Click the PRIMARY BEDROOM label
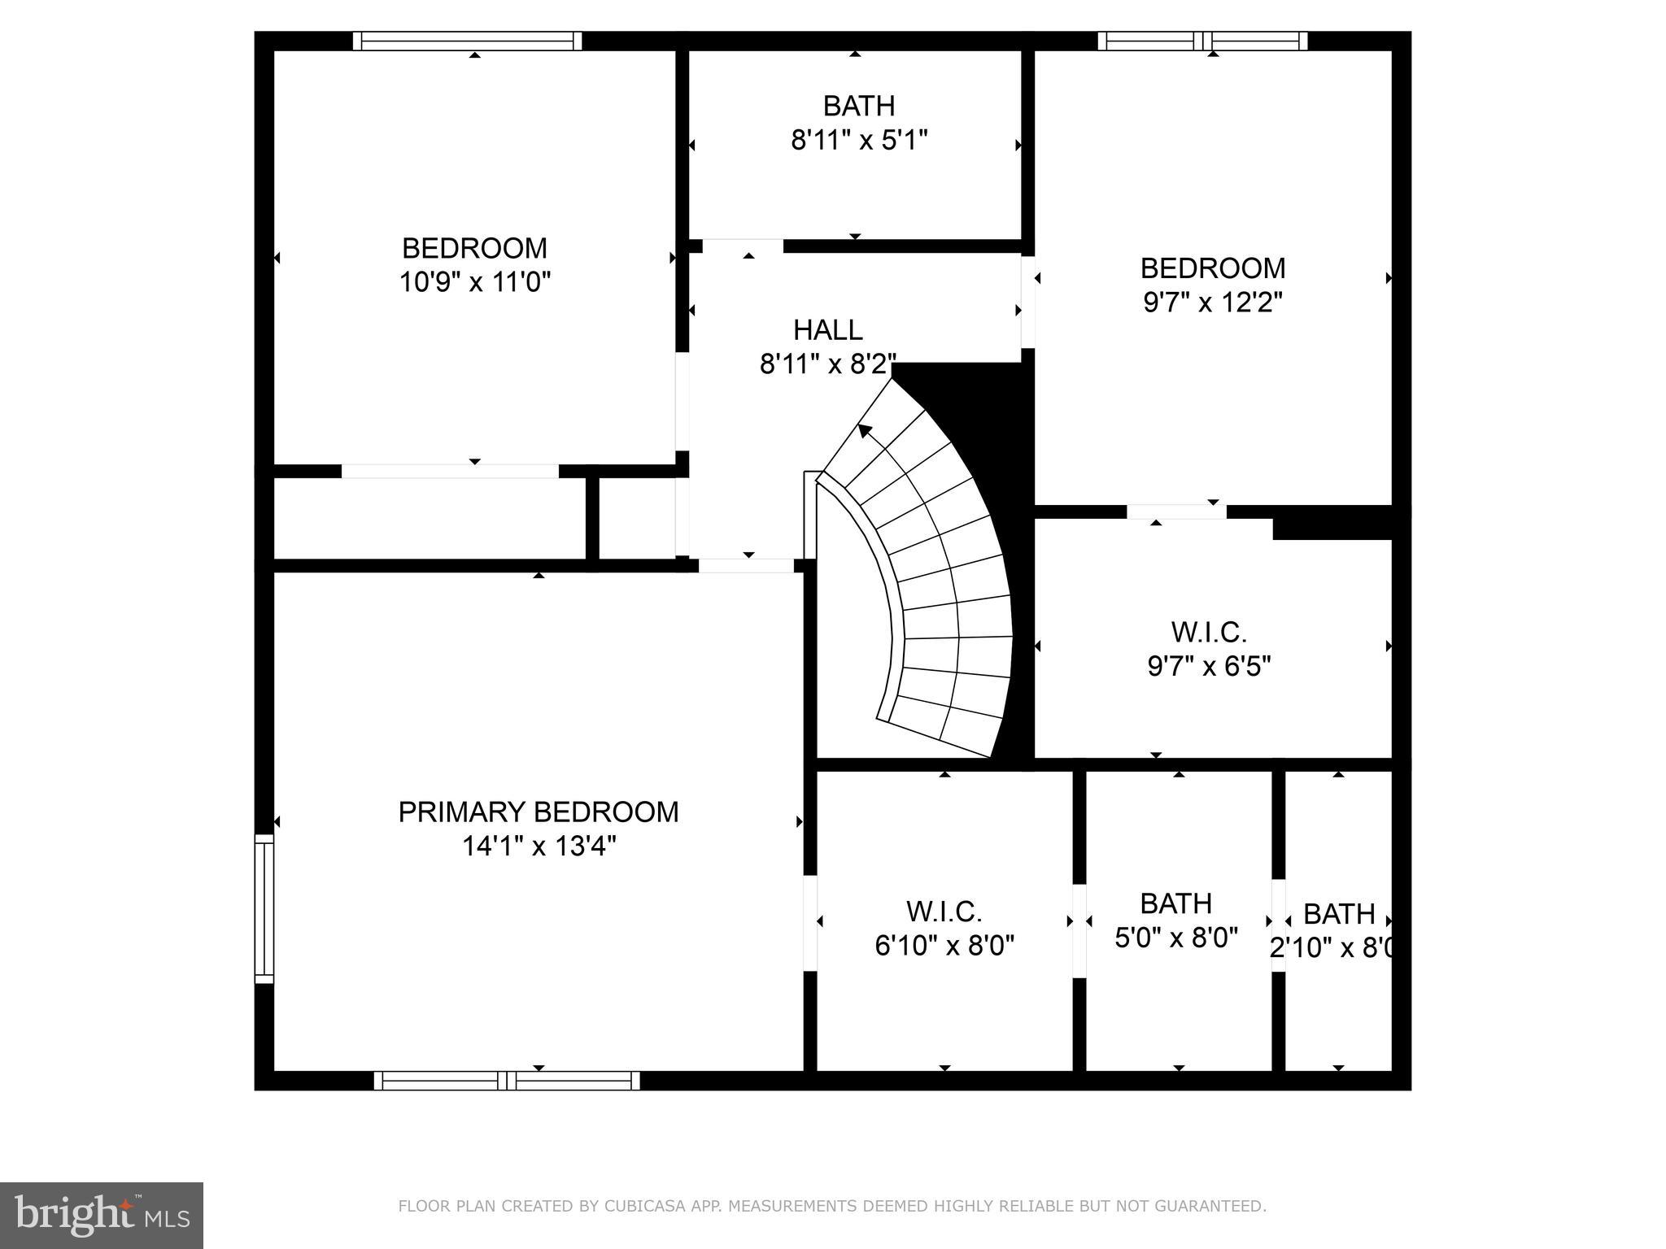[538, 812]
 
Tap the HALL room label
[827, 330]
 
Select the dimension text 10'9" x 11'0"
[475, 283]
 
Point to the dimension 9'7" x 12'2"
[1212, 303]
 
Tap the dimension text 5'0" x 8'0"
[1175, 938]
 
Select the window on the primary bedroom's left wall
[264, 908]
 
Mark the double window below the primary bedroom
[507, 1081]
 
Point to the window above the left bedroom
[467, 41]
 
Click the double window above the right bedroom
[1202, 41]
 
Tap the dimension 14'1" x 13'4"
[539, 847]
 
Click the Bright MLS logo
[101, 1215]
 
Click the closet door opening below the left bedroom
[450, 471]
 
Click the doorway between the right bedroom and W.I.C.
[1176, 511]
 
